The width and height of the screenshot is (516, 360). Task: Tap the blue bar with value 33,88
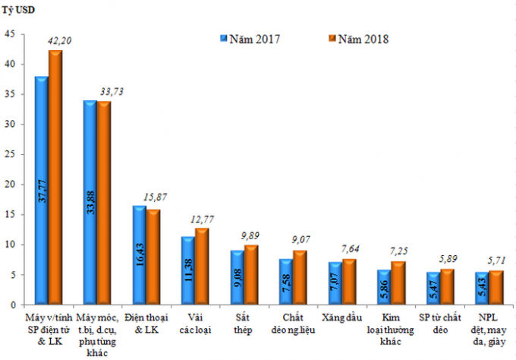pos(90,204)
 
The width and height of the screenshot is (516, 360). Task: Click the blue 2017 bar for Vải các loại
pos(188,271)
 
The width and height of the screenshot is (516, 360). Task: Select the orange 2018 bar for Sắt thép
pos(252,275)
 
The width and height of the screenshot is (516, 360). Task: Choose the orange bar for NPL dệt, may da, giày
pos(496,288)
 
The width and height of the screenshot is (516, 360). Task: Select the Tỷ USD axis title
pos(22,11)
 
